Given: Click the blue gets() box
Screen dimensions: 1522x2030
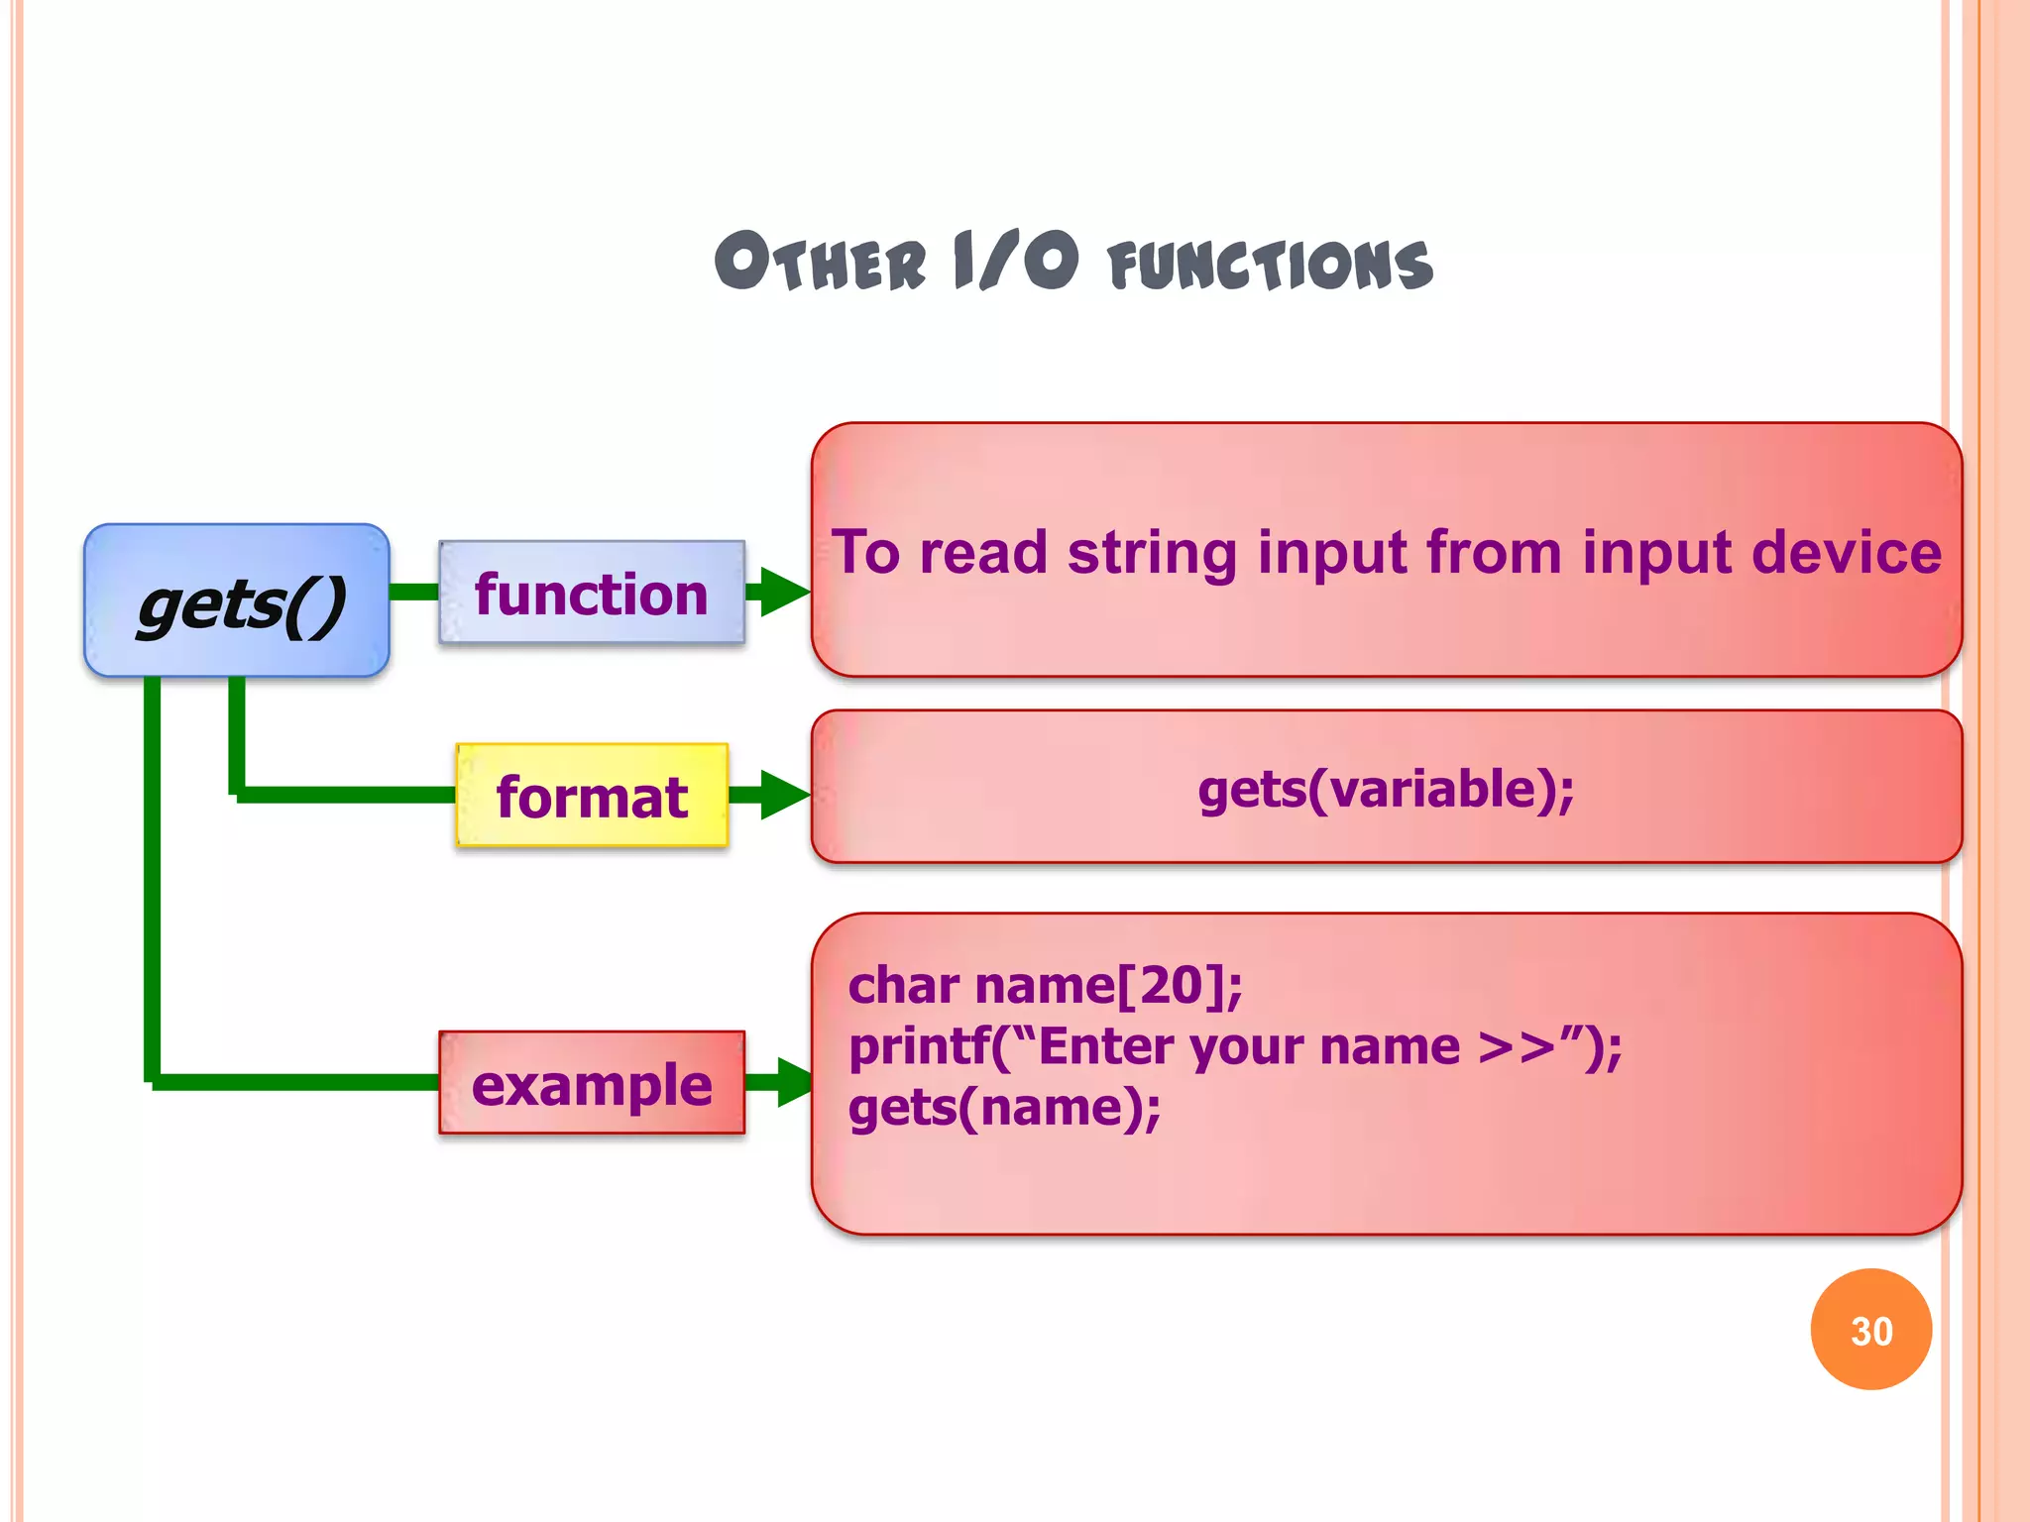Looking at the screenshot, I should pos(237,600).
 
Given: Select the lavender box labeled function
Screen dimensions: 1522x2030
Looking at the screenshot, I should pos(592,593).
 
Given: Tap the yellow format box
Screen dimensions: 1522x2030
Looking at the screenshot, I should pos(592,796).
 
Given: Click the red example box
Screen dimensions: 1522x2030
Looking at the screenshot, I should pos(592,1083).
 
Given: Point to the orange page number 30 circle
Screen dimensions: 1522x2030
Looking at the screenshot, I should pos(1870,1330).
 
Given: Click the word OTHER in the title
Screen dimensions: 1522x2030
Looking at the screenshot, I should pos(821,263).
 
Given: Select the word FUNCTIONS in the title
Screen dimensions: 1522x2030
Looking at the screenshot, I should pos(1271,266).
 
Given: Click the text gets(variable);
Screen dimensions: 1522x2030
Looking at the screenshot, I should pos(1386,790).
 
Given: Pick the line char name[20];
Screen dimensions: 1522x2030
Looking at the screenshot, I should pos(1045,985).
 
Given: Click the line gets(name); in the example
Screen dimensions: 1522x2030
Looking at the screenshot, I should pos(1004,1107).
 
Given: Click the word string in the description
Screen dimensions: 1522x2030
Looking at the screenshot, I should pos(1152,553).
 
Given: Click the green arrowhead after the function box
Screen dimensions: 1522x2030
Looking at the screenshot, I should pos(784,593).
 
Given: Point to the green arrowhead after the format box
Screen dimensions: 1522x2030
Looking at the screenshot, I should pos(784,796).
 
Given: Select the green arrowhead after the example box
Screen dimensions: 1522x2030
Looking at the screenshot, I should pos(795,1082).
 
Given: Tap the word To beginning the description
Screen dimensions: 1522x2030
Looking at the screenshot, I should pos(865,552).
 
